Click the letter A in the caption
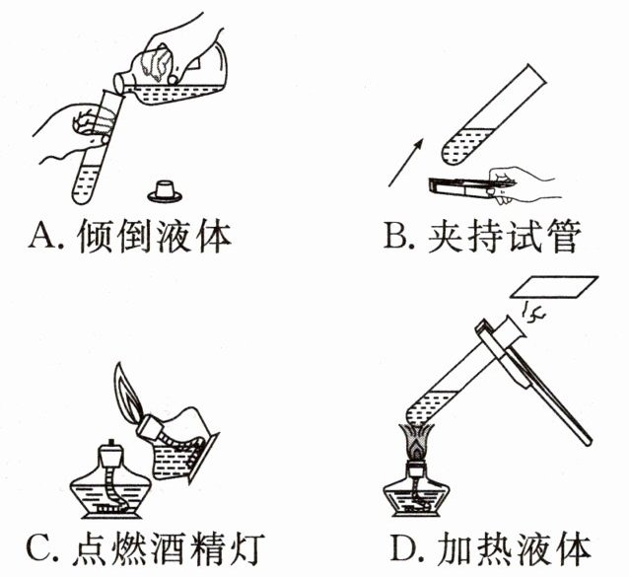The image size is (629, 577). (44, 238)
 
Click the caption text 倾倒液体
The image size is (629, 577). (154, 238)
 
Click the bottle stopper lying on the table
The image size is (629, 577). (166, 187)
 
